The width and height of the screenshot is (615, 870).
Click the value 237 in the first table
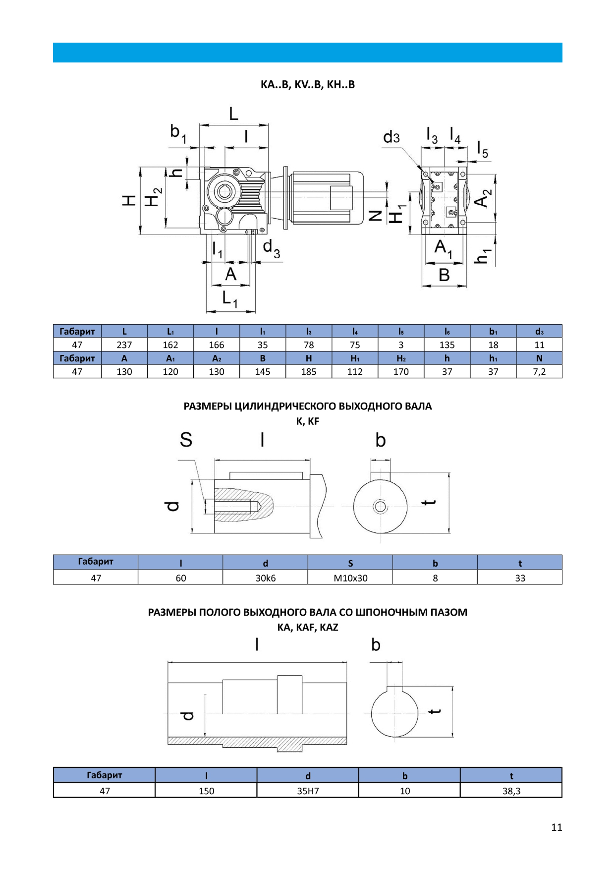click(124, 345)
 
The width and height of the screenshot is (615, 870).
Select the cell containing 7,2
click(539, 371)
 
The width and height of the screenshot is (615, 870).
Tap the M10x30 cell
click(350, 578)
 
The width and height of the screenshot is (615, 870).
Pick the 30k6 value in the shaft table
click(265, 578)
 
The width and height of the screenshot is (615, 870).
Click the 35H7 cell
click(308, 791)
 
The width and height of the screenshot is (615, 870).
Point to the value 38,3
click(511, 791)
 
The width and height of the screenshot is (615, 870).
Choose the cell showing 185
click(308, 371)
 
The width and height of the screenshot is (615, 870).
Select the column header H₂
click(400, 358)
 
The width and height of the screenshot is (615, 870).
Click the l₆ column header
click(447, 331)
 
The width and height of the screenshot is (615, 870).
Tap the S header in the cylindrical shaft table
click(350, 563)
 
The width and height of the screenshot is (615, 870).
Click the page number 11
click(556, 827)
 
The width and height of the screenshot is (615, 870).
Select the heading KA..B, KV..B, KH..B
click(307, 84)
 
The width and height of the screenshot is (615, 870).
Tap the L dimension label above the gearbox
click(233, 115)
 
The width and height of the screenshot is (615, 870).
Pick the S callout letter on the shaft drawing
click(186, 440)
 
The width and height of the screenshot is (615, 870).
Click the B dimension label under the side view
click(444, 275)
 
